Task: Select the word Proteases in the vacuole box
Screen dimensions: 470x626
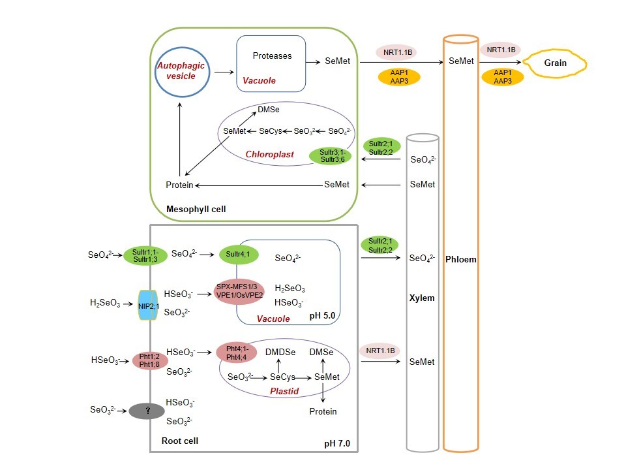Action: coord(272,55)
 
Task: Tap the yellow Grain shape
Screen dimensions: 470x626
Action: coord(556,63)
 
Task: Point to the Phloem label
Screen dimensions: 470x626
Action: coord(461,259)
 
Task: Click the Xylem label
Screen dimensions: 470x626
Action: coord(421,298)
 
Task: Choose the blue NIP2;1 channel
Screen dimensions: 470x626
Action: coord(148,305)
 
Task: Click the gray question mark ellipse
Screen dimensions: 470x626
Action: coord(147,411)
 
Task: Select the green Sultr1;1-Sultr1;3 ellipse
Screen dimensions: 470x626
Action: coord(142,255)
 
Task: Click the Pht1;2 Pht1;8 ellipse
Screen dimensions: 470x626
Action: coord(149,360)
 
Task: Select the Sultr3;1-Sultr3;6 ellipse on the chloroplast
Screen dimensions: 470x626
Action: coord(330,155)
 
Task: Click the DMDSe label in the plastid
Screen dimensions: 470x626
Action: coord(280,352)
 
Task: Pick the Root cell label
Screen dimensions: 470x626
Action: coord(180,441)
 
